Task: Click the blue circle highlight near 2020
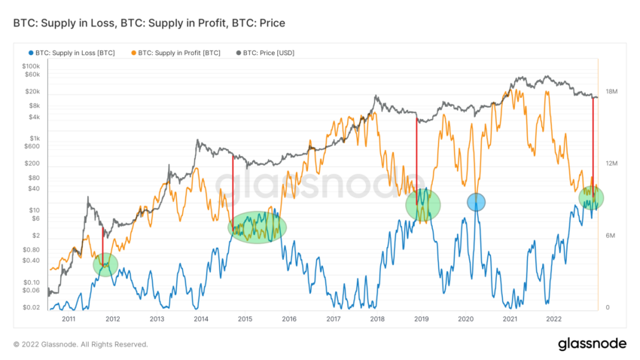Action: tap(476, 202)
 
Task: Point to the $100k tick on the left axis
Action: tap(30, 67)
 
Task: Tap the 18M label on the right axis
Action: tap(611, 92)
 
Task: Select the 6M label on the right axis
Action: tap(610, 236)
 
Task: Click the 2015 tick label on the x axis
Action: tap(245, 319)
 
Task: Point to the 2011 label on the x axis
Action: tap(69, 319)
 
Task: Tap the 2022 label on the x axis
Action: tap(553, 319)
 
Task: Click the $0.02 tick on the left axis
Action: tap(32, 307)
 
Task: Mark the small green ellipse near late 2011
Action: tap(105, 264)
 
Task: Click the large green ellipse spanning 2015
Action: tap(258, 227)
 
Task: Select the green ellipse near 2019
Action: tap(422, 203)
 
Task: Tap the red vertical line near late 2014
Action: tap(232, 188)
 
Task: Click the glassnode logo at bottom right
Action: tap(592, 344)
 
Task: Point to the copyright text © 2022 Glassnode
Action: tap(81, 344)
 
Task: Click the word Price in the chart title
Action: tap(269, 24)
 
